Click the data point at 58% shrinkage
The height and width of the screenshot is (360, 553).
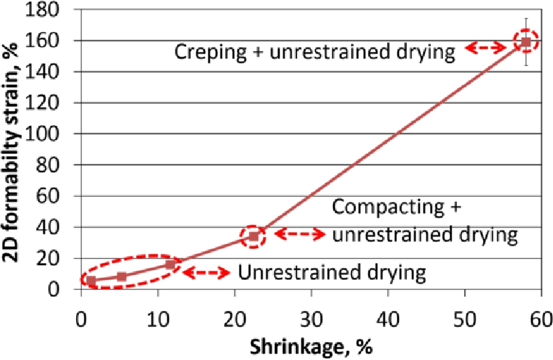[x=526, y=41]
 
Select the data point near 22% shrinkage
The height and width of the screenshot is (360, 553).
[x=253, y=236]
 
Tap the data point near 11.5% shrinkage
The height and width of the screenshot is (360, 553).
[x=170, y=264]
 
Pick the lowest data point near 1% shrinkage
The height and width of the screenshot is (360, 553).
[x=91, y=280]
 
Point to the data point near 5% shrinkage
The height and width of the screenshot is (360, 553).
[x=121, y=277]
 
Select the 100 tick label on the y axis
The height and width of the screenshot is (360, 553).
[x=55, y=134]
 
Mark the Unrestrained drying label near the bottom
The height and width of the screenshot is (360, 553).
[x=331, y=273]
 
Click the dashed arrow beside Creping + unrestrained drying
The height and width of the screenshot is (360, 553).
[x=486, y=47]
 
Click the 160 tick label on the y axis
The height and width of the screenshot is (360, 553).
[x=55, y=41]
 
